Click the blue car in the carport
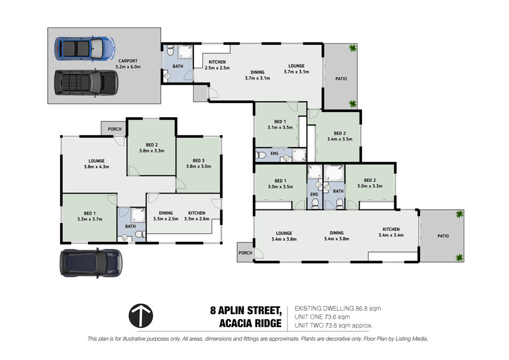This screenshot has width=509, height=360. click(85, 49)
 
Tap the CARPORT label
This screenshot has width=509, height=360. click(128, 61)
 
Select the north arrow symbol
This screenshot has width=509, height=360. click(141, 316)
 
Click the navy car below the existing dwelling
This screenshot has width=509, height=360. click(91, 263)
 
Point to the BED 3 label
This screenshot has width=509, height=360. click(199, 161)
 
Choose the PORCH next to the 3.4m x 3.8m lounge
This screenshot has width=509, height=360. click(245, 252)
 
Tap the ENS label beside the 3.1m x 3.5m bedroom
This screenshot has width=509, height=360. click(275, 153)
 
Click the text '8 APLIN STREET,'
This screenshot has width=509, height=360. click(246, 310)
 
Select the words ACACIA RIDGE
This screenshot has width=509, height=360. click(251, 323)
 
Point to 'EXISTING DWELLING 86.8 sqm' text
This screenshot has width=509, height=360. click(338, 308)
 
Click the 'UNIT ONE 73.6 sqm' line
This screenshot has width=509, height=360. click(322, 317)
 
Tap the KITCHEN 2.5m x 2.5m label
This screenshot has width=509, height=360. click(217, 65)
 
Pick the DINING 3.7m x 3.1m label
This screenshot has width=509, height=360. click(257, 75)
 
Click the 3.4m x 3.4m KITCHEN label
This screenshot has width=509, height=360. click(391, 232)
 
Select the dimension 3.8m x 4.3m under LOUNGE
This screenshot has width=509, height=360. click(96, 166)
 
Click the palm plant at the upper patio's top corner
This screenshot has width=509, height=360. click(352, 48)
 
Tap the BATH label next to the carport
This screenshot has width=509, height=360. click(178, 66)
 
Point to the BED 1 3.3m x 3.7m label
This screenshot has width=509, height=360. click(90, 216)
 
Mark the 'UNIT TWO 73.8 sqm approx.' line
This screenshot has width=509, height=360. click(334, 325)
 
